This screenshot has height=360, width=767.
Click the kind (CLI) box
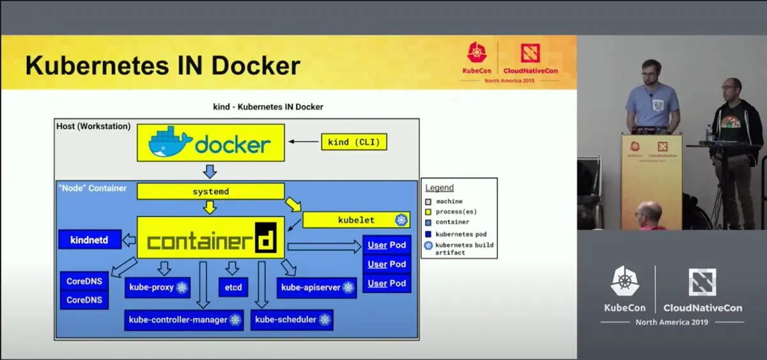pyautogui.click(x=354, y=142)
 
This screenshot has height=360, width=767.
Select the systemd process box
pyautogui.click(x=210, y=191)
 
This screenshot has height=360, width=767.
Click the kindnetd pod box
pyautogui.click(x=89, y=240)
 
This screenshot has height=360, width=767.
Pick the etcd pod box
pyautogui.click(x=233, y=287)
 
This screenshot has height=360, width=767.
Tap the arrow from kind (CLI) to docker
pyautogui.click(x=303, y=142)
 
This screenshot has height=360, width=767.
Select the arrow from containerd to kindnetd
pyautogui.click(x=129, y=240)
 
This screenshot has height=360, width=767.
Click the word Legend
pyautogui.click(x=440, y=188)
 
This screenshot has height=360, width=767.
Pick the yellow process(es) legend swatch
pyautogui.click(x=428, y=212)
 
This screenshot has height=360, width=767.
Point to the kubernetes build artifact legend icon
pyautogui.click(x=428, y=245)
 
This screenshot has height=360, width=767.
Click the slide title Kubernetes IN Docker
pyautogui.click(x=163, y=66)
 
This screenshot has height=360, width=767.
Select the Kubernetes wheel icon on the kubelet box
pyautogui.click(x=401, y=220)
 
